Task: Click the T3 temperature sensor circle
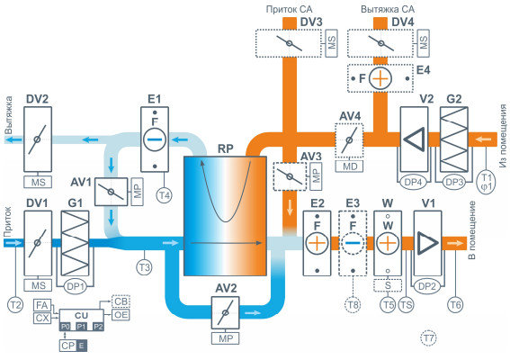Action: click(145, 267)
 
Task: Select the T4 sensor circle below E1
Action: click(165, 195)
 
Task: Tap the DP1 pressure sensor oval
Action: click(76, 287)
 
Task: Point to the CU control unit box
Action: click(81, 316)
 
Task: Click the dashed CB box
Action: click(121, 301)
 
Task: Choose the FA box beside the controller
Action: click(42, 305)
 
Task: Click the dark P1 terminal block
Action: click(81, 327)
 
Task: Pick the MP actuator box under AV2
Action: click(226, 338)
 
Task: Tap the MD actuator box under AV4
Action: click(350, 166)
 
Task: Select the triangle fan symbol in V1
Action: click(426, 243)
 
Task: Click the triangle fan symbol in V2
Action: click(415, 139)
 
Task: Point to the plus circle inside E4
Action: click(380, 79)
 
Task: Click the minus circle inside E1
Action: click(155, 139)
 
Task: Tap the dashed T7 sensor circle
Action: click(428, 338)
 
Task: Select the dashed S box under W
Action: click(388, 286)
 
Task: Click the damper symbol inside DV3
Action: click(289, 43)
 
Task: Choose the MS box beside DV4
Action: click(423, 43)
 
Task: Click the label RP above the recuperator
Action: click(226, 149)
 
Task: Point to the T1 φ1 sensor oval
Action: click(487, 182)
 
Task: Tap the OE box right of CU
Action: click(121, 315)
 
